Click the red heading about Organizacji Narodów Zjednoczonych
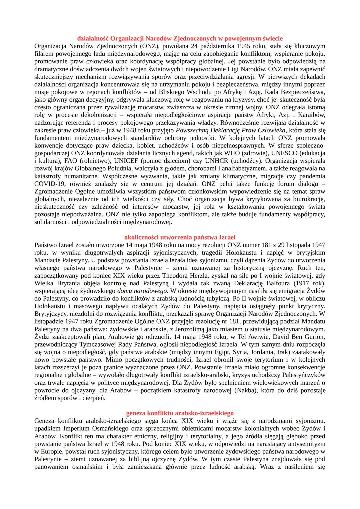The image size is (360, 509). (x=180, y=38)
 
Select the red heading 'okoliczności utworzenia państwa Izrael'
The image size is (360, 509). (x=180, y=237)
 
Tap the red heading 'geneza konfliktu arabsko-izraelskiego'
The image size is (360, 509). (x=180, y=413)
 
